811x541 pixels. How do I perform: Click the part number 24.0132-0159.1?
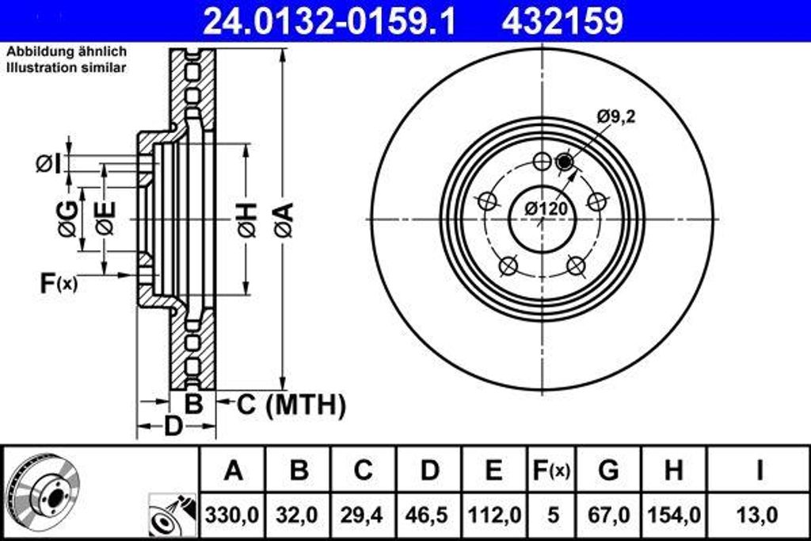click(329, 21)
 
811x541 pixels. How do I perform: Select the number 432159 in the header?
click(562, 21)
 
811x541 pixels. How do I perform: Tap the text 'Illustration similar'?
click(67, 68)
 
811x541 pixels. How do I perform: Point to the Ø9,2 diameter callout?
click(616, 117)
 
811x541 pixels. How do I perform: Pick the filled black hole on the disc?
click(564, 162)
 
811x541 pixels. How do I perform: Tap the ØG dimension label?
click(69, 219)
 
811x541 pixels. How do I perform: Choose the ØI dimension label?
click(49, 164)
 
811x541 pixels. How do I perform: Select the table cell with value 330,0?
click(233, 515)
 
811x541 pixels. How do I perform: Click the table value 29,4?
click(364, 515)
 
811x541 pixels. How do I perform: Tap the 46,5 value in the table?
click(428, 515)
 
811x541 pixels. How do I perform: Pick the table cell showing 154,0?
click(674, 515)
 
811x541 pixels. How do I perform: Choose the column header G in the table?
click(608, 471)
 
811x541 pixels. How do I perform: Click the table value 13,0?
click(758, 515)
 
